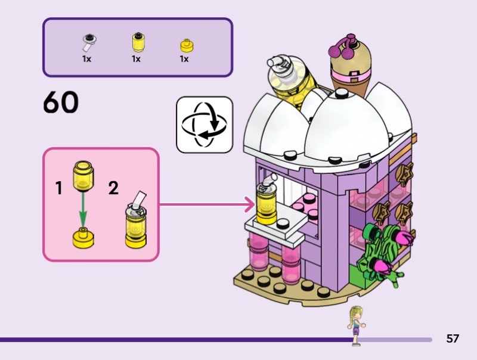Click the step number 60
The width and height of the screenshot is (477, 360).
coord(61,103)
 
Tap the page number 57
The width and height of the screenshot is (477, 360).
coord(453,339)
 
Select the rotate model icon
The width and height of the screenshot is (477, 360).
coord(204,125)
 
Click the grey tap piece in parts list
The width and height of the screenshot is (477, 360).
coord(89,42)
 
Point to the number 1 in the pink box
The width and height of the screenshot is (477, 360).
coord(58,189)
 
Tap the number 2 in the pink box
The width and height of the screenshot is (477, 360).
coord(113,189)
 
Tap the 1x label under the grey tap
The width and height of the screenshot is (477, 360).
coord(87,59)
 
